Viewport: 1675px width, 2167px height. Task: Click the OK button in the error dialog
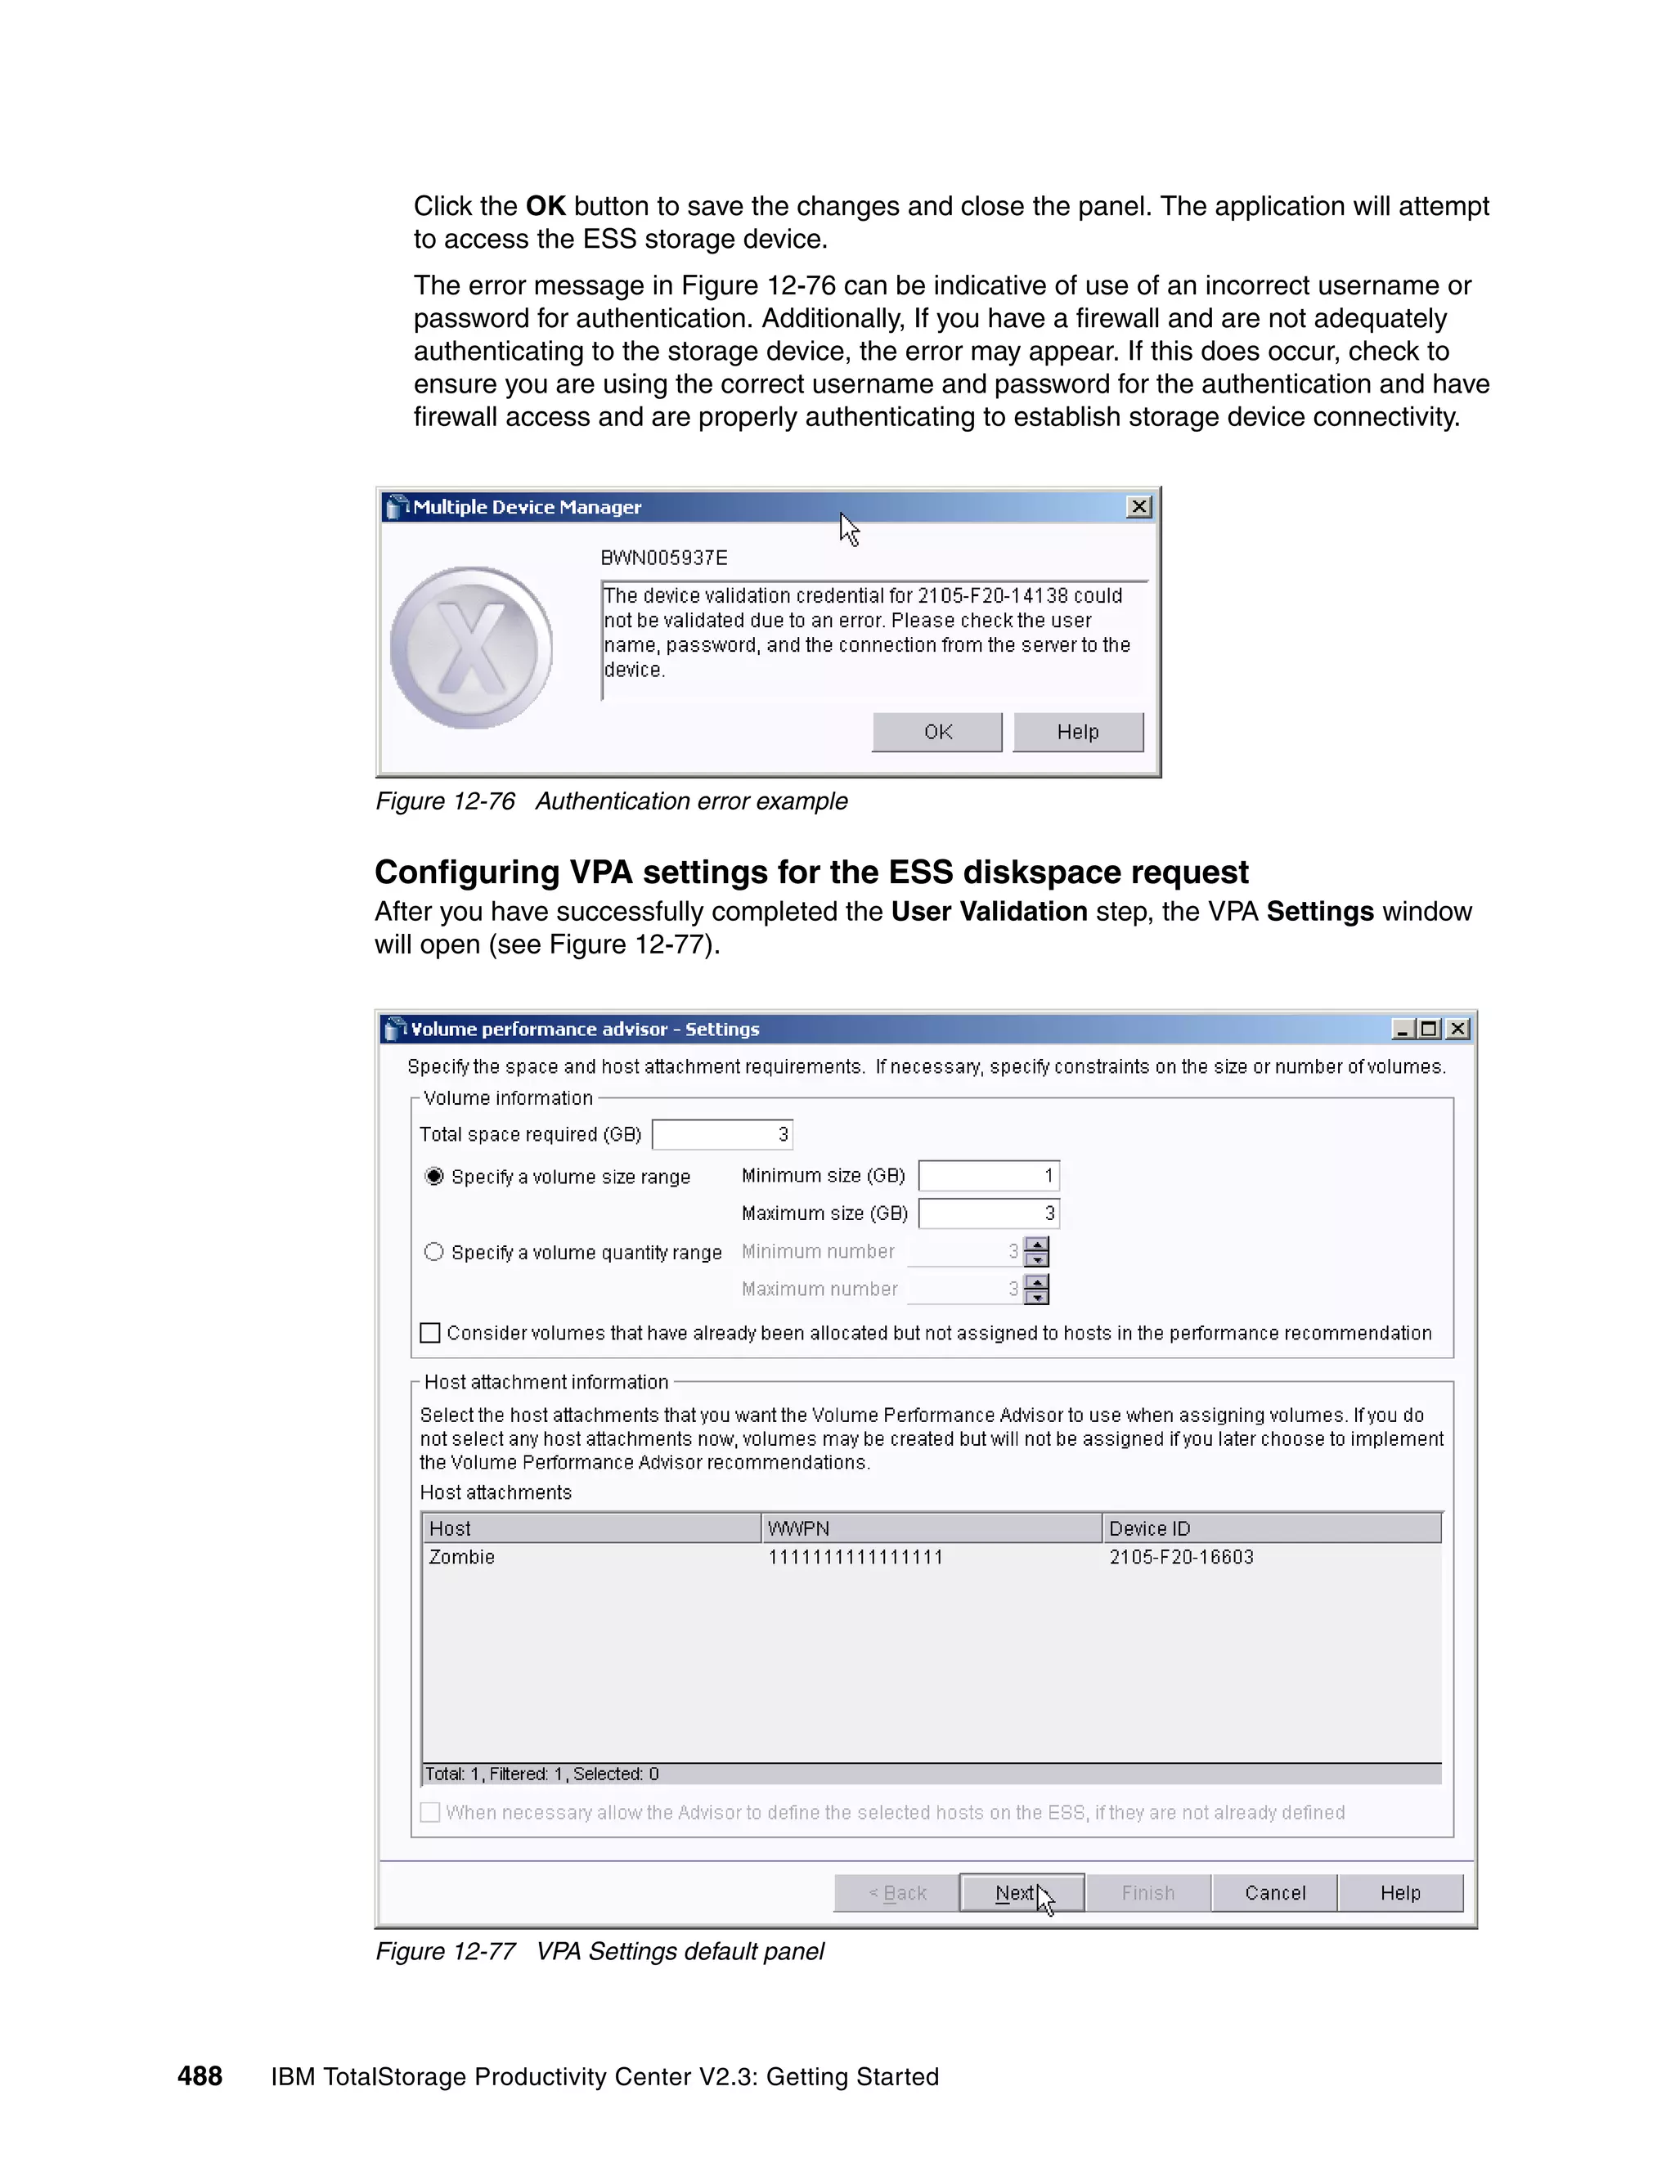pos(936,732)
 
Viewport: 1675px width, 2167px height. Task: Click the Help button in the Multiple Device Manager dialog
pos(1078,732)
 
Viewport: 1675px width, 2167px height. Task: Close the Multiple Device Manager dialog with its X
pos(1139,507)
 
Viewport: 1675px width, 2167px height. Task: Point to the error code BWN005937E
pos(664,558)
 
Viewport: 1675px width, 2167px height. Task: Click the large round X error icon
pos(471,648)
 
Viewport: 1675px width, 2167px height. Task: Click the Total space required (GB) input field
pos(721,1134)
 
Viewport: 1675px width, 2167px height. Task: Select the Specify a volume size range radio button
pos(433,1176)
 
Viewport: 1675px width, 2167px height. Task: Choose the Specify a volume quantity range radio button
pos(433,1252)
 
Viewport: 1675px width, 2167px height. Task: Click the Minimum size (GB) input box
pos(988,1176)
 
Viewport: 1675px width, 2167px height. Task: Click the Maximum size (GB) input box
pos(988,1214)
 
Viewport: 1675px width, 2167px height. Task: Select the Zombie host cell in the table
pos(461,1557)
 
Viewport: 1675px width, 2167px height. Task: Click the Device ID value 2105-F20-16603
pos(1181,1557)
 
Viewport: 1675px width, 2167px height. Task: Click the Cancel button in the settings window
pos(1274,1893)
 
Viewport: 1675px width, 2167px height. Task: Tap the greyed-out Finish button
pos(1148,1893)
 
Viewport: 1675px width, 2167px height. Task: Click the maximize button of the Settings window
pos(1429,1029)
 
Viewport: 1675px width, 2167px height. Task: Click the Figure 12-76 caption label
pos(446,801)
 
